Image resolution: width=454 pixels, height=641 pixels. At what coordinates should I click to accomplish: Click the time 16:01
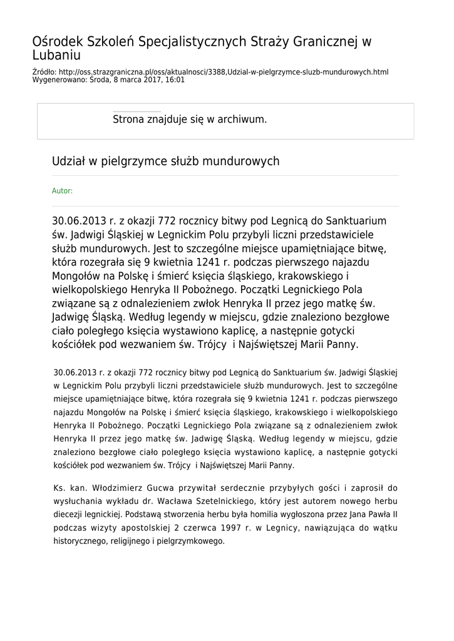click(x=175, y=80)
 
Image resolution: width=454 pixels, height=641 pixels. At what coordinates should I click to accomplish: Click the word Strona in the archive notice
click(x=128, y=119)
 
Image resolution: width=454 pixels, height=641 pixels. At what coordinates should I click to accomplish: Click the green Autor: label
click(x=62, y=191)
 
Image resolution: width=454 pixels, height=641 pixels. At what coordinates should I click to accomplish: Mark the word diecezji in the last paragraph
click(x=68, y=515)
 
